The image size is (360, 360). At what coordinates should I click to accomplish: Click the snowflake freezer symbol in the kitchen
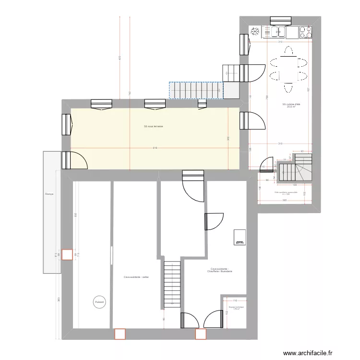coord(255,32)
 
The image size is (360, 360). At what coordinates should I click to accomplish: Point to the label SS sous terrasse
coord(154,126)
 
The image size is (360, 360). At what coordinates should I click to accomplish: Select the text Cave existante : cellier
coord(136,277)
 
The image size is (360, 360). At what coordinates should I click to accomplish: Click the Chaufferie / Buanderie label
coord(220,271)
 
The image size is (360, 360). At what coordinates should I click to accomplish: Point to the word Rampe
coord(48,194)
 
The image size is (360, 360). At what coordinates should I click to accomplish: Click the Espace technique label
coord(236,308)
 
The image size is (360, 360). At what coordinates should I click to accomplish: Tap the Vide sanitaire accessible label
coord(286,192)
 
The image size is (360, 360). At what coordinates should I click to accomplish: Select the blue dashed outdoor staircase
coord(196,89)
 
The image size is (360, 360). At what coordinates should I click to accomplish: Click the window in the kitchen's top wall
coord(281,21)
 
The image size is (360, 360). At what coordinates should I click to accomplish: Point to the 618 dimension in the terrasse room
coord(156,148)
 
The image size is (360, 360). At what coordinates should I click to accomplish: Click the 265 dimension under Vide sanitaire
coord(284,201)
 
